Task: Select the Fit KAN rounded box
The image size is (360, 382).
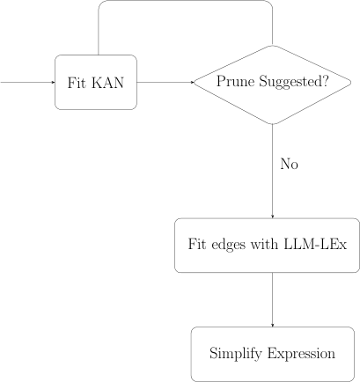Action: point(96,83)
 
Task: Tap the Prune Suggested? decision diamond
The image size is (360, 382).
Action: point(273,84)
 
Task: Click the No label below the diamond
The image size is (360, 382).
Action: point(290,164)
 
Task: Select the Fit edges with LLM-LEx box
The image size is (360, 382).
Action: point(273,243)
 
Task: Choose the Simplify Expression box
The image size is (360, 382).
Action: point(273,354)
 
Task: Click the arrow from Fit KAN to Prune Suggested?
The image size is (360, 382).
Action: point(165,83)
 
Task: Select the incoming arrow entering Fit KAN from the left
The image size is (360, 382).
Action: point(26,83)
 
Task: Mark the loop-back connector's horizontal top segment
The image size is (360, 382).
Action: point(185,1)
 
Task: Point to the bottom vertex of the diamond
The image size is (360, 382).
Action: point(273,124)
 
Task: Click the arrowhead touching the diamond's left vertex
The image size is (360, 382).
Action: point(192,83)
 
